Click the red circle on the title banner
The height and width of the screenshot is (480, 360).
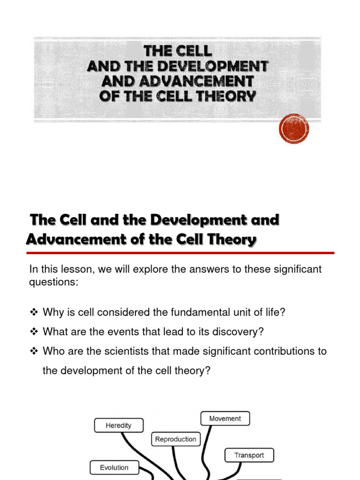click(294, 128)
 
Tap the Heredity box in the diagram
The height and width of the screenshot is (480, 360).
click(119, 426)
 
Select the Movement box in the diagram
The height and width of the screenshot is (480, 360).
click(225, 419)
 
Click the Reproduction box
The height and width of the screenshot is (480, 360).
click(176, 439)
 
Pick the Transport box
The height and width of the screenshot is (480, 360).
click(249, 455)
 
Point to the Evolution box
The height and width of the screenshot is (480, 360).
click(114, 467)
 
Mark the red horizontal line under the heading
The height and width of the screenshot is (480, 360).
click(180, 253)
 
